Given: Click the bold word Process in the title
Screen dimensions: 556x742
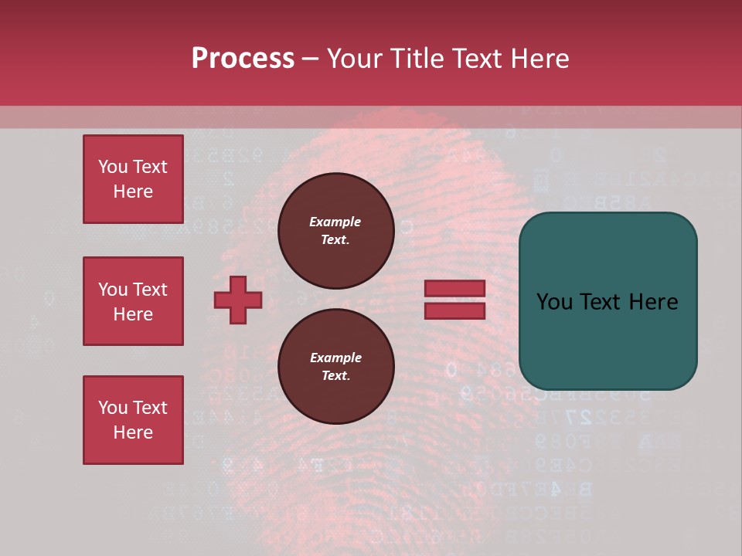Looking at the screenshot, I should (x=243, y=59).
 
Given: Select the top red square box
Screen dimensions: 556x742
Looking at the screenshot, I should (x=133, y=179).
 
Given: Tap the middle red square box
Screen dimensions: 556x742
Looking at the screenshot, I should (x=133, y=301).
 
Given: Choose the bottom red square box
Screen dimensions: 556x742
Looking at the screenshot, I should (x=133, y=420).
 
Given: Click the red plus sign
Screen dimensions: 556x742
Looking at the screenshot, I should (x=238, y=300).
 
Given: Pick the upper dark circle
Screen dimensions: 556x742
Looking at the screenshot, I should (x=335, y=230).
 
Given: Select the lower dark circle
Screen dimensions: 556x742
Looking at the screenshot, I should (x=335, y=367).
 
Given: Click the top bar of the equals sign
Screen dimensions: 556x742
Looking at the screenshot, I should (x=454, y=289).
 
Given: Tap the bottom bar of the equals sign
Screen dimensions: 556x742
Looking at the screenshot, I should (x=454, y=310).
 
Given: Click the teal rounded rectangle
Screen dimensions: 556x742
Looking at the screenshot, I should (x=608, y=340).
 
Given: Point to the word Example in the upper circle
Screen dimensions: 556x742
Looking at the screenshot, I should (x=335, y=222).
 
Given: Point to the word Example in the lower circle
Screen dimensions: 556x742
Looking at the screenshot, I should (x=335, y=358).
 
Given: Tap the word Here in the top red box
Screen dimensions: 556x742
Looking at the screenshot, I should (x=133, y=192).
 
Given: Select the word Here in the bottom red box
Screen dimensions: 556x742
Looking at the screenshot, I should (x=133, y=432).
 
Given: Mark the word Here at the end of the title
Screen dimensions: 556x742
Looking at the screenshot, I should (x=540, y=59).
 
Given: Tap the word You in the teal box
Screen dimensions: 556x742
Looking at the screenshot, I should (x=554, y=302).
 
